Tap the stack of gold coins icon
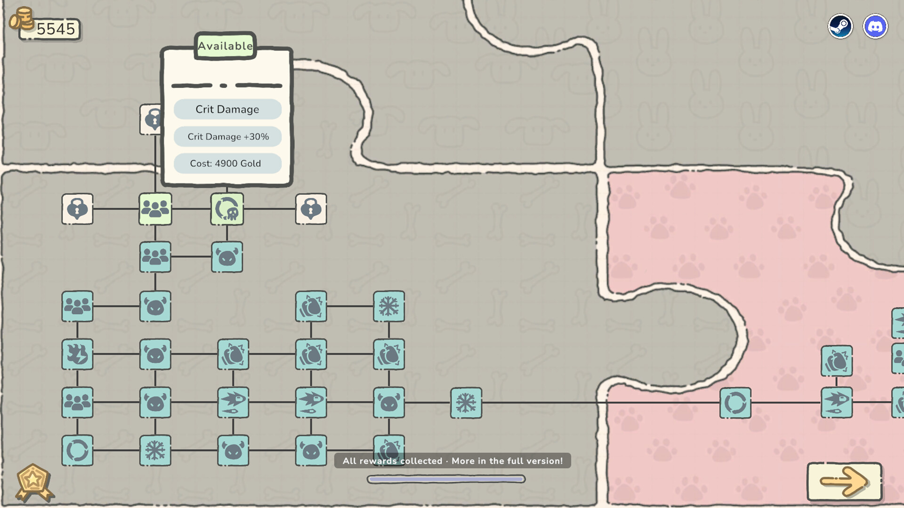(22, 19)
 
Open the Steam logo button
(840, 26)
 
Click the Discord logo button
(875, 26)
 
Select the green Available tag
(225, 46)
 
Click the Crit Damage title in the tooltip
(227, 109)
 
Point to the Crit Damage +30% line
(228, 136)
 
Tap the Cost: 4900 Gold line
(226, 163)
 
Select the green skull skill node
(227, 209)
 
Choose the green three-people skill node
(155, 209)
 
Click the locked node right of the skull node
(311, 209)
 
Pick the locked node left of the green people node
(77, 209)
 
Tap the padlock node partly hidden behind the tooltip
(151, 119)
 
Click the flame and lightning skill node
(77, 354)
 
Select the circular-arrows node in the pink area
(735, 403)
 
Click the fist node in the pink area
(837, 361)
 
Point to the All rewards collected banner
(452, 461)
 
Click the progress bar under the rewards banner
(446, 479)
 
